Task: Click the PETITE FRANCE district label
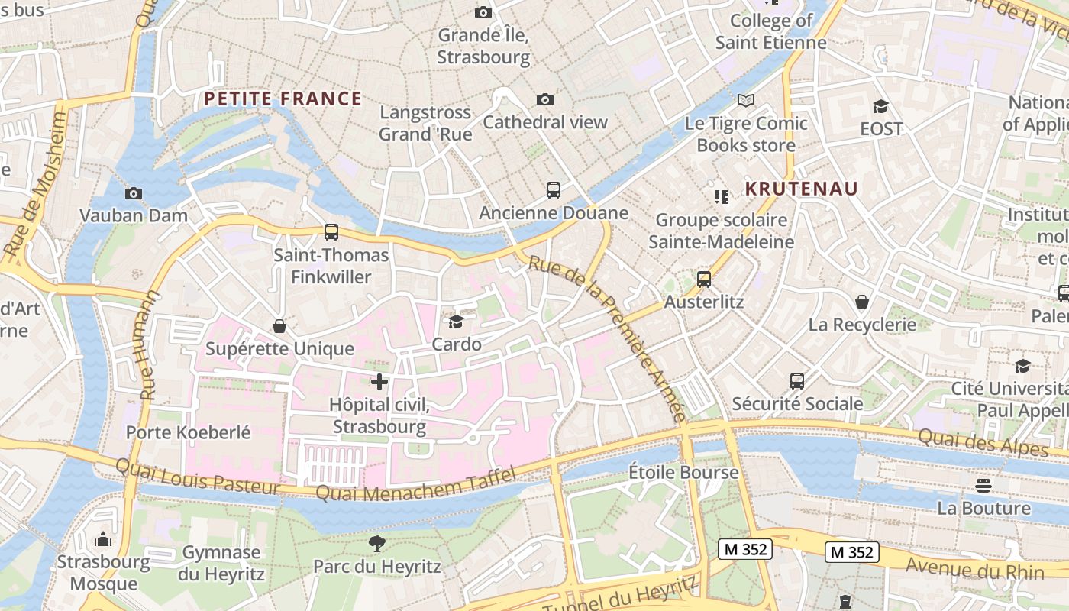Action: (x=283, y=99)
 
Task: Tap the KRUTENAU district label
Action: (x=802, y=189)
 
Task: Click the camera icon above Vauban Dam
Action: (x=134, y=193)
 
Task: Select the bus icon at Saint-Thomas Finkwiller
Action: (x=331, y=232)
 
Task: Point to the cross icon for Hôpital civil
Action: (x=379, y=382)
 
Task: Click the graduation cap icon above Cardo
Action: (x=457, y=322)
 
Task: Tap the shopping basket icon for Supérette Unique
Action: (x=279, y=327)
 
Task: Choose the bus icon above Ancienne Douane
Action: (x=554, y=190)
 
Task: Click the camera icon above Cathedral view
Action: (x=545, y=100)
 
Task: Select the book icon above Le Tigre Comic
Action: (x=746, y=101)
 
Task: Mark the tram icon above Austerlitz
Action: (x=704, y=280)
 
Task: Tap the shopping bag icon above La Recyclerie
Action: (x=862, y=302)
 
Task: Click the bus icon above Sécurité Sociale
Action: (x=797, y=381)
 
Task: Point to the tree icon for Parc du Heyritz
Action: (x=376, y=544)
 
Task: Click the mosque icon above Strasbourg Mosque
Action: (x=103, y=540)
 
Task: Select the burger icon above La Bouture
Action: (x=983, y=486)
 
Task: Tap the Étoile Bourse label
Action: (x=683, y=472)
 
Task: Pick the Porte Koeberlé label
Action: (x=188, y=432)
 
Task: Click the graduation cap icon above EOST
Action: (x=881, y=107)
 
